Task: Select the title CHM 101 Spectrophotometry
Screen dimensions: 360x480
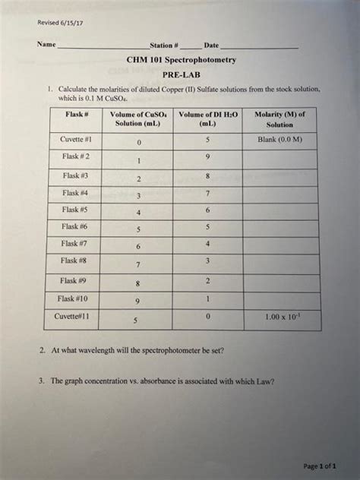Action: coord(180,59)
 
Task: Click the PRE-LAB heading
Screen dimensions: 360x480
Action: coord(180,75)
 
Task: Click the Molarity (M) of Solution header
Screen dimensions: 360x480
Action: coord(279,118)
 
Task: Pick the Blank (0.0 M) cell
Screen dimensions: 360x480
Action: coord(279,140)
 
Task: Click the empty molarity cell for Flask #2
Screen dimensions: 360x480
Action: coord(279,158)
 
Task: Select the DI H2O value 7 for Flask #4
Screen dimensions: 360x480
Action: coord(207,193)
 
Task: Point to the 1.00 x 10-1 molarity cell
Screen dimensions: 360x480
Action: coord(279,317)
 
